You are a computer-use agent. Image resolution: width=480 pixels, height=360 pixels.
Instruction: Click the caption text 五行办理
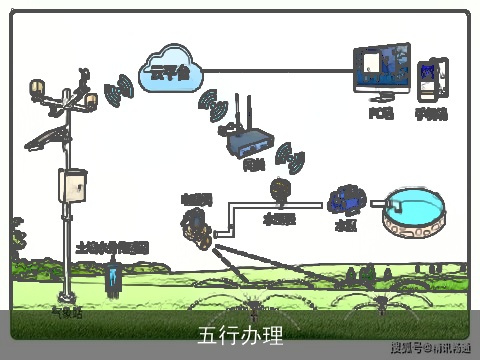(x=240, y=334)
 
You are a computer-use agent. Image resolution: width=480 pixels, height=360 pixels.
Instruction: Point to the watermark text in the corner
(x=430, y=348)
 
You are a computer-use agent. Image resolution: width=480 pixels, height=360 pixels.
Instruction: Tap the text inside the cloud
(x=169, y=71)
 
